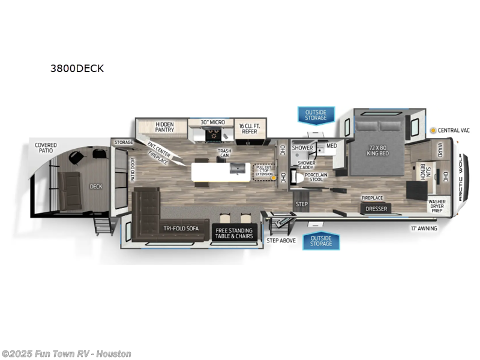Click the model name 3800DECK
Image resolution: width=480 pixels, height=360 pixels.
tap(77, 68)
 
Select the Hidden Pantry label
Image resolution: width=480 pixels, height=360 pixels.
tap(164, 126)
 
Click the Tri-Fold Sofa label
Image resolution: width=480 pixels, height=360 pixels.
tap(181, 229)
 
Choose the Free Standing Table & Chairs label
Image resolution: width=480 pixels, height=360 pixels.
tap(235, 233)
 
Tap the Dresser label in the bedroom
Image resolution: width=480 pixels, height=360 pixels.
tap(377, 208)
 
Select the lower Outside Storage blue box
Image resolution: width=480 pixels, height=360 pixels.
tap(321, 241)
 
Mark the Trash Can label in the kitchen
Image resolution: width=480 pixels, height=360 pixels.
tap(224, 154)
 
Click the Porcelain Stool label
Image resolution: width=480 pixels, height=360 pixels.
tap(316, 177)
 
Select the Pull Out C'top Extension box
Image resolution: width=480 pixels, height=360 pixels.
tap(264, 171)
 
